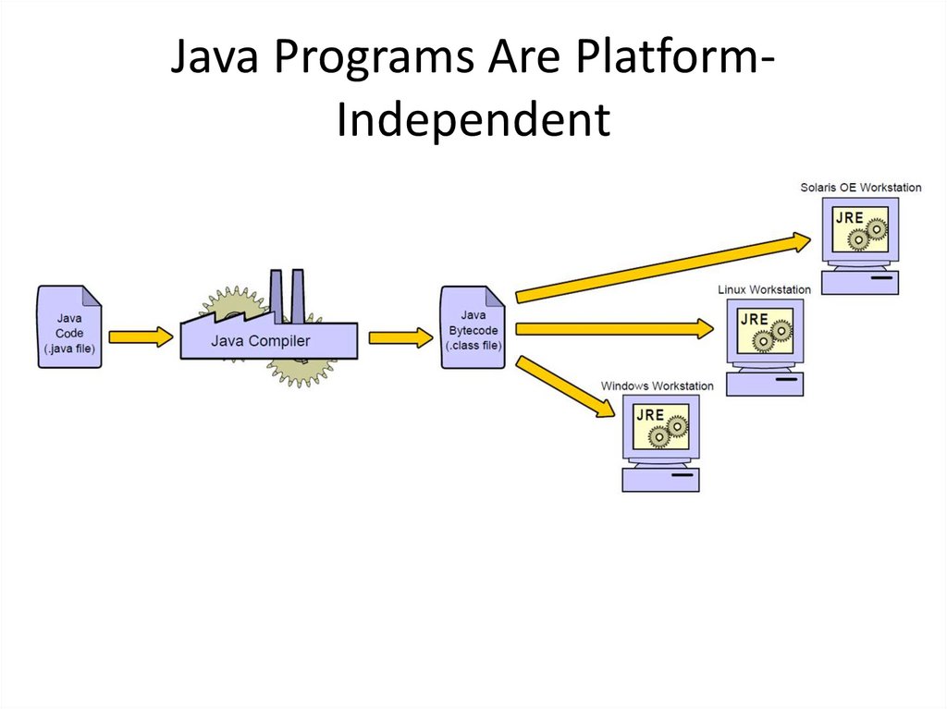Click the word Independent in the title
click(x=473, y=119)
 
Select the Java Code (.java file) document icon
click(x=69, y=327)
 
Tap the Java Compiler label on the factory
click(x=261, y=341)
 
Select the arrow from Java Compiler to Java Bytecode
click(x=400, y=337)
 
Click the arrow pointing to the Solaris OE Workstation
click(x=661, y=267)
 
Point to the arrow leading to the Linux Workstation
click(x=614, y=328)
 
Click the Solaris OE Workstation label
click(x=860, y=188)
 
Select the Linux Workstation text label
click(x=764, y=289)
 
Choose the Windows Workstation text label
click(x=658, y=385)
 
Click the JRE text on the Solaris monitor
click(x=849, y=218)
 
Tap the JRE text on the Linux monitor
click(x=755, y=319)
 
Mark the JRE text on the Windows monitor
click(x=650, y=415)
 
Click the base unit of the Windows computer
click(x=661, y=479)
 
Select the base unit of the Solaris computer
click(x=859, y=282)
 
